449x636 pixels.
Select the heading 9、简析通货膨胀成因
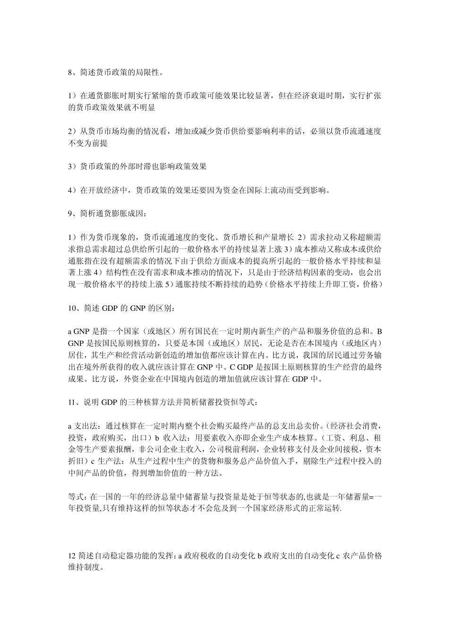(x=107, y=213)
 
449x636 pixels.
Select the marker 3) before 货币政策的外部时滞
(x=72, y=167)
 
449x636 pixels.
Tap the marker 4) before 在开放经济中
(x=72, y=190)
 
